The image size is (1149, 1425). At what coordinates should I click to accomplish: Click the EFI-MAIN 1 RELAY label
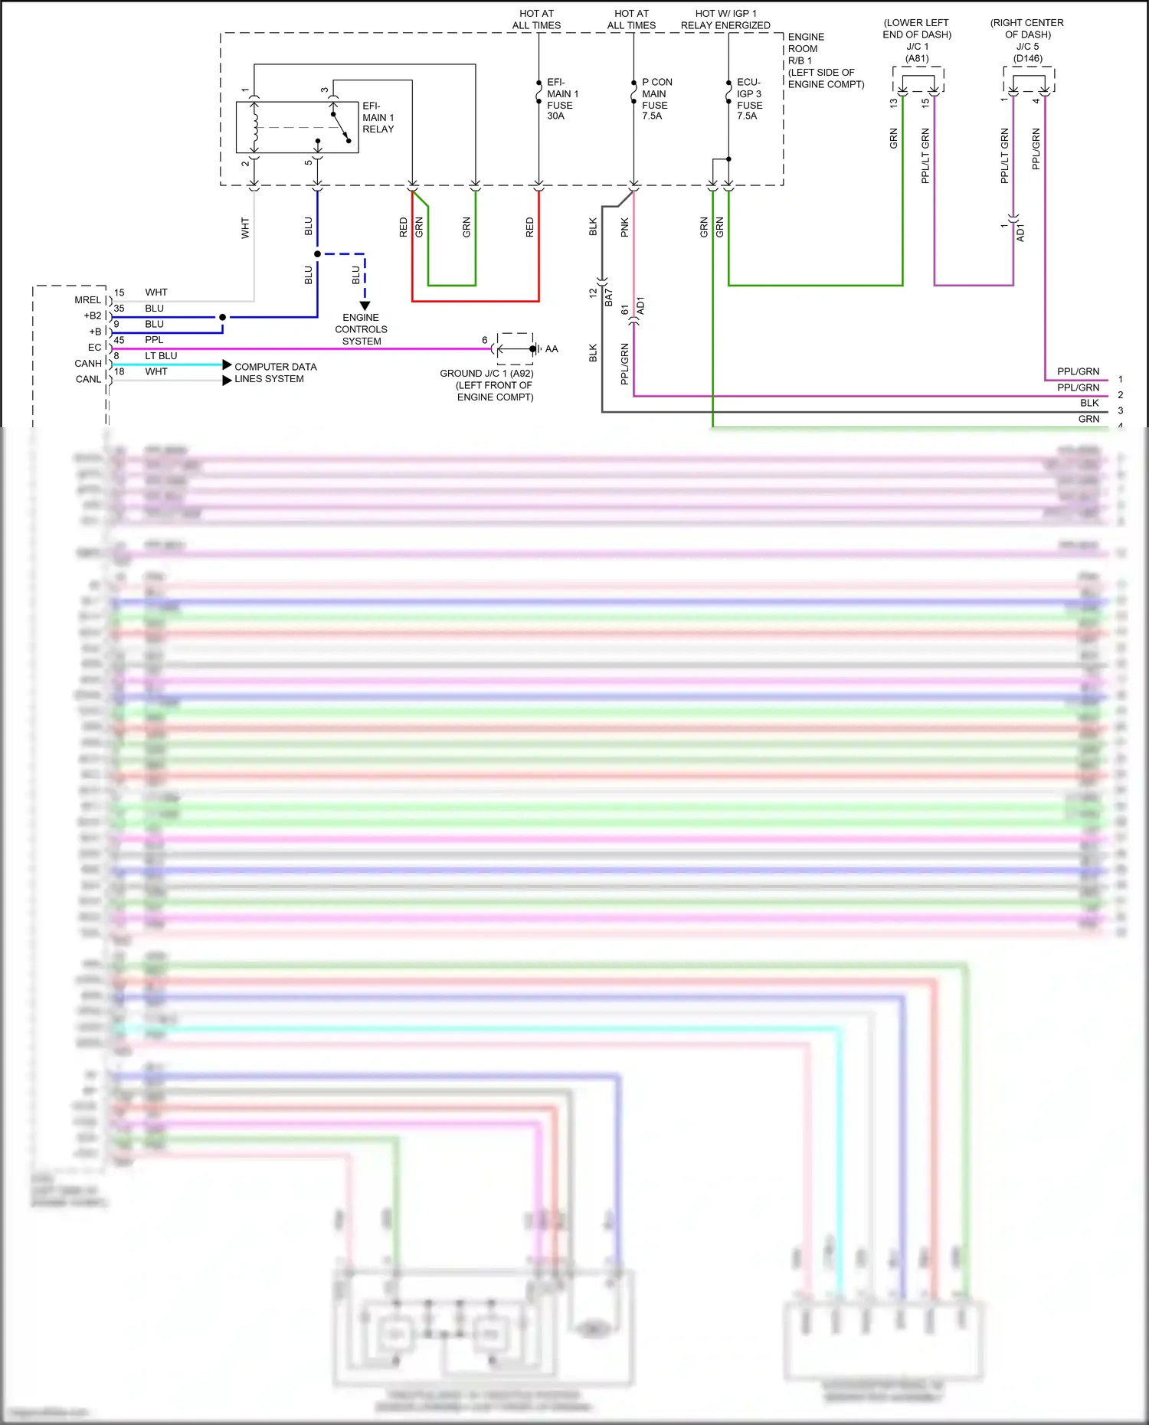click(x=378, y=118)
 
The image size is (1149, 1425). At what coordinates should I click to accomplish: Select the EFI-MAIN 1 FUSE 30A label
click(x=561, y=99)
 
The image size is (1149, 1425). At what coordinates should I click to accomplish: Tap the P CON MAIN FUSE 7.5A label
click(x=656, y=99)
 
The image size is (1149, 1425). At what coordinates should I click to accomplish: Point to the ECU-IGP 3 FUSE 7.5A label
click(x=749, y=99)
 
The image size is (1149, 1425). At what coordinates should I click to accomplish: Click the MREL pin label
click(x=87, y=300)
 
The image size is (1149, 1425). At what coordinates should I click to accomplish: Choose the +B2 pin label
click(x=92, y=315)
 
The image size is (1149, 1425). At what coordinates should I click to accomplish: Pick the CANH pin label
click(x=88, y=364)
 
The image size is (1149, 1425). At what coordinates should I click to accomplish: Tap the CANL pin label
click(x=88, y=379)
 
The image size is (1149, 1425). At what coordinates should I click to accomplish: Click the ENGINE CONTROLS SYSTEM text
click(x=361, y=329)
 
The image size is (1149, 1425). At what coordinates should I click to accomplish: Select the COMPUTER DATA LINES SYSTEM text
click(x=275, y=373)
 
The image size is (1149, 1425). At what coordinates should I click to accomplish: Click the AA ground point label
click(x=552, y=349)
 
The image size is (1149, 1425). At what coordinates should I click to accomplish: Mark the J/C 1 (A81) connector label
click(x=917, y=52)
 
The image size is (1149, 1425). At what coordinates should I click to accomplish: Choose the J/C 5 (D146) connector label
click(x=1027, y=52)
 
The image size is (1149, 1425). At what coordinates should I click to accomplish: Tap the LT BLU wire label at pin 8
click(x=161, y=356)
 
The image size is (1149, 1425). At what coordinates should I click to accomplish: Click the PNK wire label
click(x=625, y=227)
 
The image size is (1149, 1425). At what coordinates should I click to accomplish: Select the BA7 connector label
click(x=609, y=298)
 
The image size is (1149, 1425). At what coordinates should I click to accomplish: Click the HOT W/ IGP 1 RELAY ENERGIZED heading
click(x=725, y=20)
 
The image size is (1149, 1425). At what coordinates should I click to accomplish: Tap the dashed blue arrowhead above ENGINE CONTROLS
click(x=365, y=306)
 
